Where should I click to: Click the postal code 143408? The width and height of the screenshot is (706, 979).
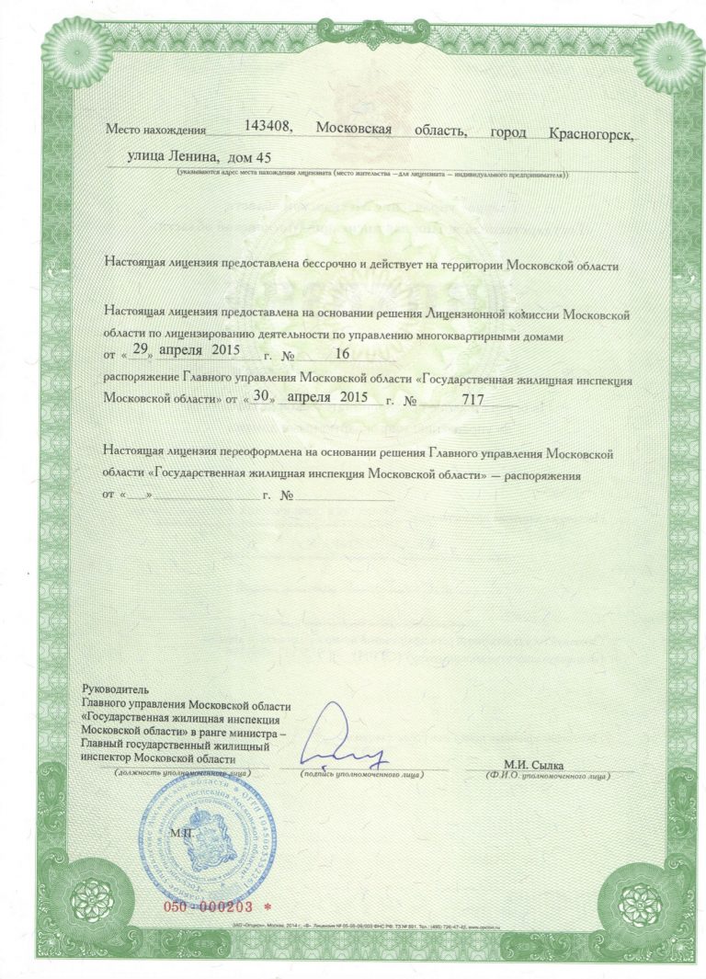point(269,129)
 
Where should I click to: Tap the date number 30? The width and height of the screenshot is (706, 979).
point(264,398)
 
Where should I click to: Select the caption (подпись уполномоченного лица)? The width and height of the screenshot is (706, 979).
point(361,776)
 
